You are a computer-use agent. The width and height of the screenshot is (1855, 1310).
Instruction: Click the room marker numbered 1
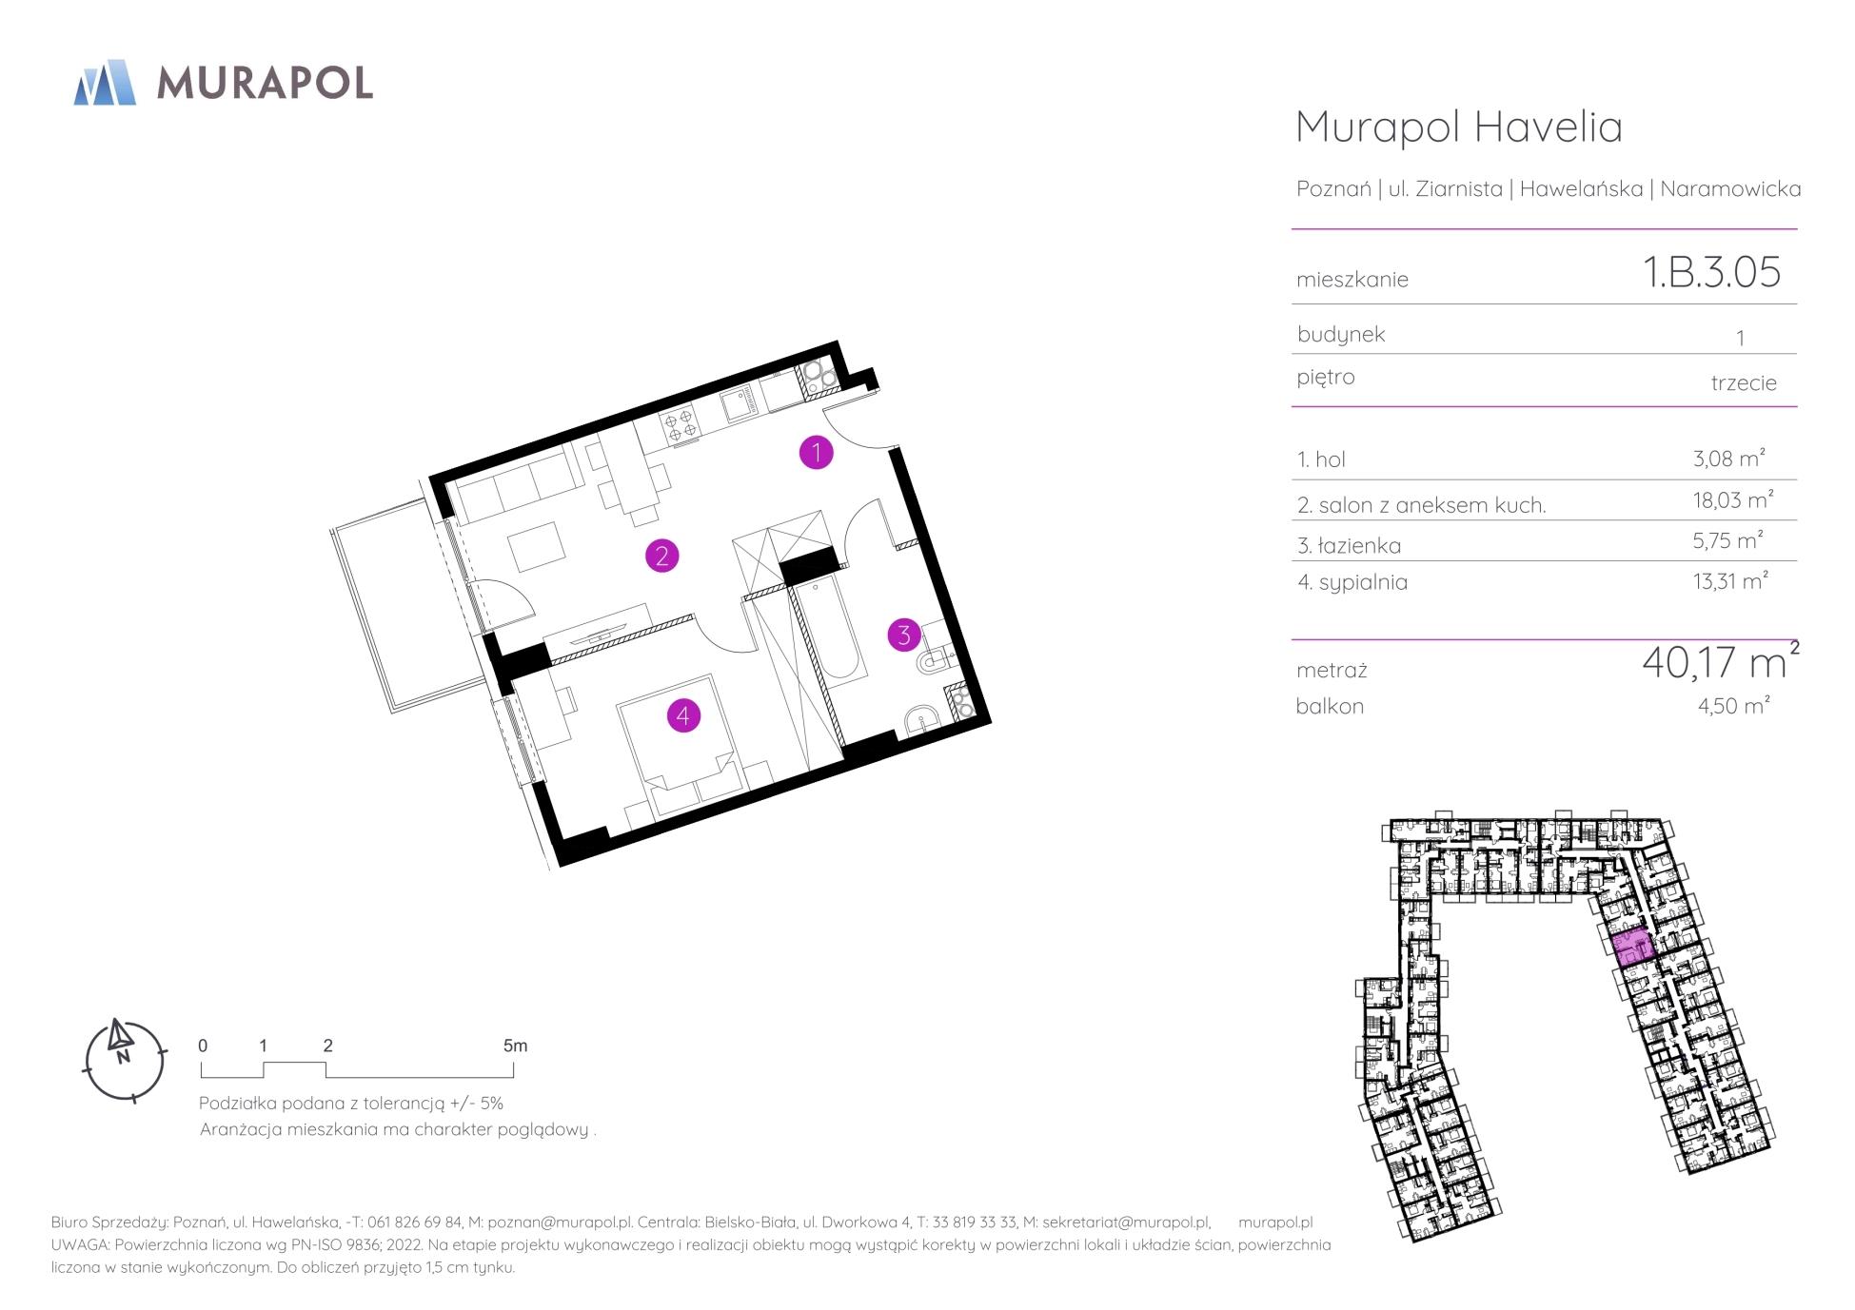click(x=816, y=453)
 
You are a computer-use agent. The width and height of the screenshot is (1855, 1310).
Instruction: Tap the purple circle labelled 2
click(x=661, y=556)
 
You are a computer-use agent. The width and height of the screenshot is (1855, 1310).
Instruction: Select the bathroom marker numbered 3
click(x=904, y=635)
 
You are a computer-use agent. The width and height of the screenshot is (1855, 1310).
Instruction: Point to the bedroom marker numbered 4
click(x=683, y=715)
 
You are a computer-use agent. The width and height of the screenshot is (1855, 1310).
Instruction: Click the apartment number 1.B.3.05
click(x=1711, y=272)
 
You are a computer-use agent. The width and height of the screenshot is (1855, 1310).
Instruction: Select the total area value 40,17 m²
click(x=1720, y=661)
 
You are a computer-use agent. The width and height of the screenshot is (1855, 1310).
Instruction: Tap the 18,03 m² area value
click(x=1732, y=500)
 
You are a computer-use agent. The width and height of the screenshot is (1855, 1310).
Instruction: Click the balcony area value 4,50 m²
click(x=1733, y=706)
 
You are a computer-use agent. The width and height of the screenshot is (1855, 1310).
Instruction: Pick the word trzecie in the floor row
click(x=1744, y=382)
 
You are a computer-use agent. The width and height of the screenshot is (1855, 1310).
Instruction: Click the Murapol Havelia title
click(x=1459, y=127)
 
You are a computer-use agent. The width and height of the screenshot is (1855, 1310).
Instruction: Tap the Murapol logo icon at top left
click(x=105, y=82)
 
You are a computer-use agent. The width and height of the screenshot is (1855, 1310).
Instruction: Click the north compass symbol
click(x=125, y=1061)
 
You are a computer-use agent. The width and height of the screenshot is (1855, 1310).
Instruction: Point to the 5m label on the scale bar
click(x=515, y=1046)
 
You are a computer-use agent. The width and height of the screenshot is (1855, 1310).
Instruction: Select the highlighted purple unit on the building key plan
click(x=1633, y=948)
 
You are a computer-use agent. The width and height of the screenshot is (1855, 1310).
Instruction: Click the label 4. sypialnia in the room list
click(x=1352, y=582)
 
